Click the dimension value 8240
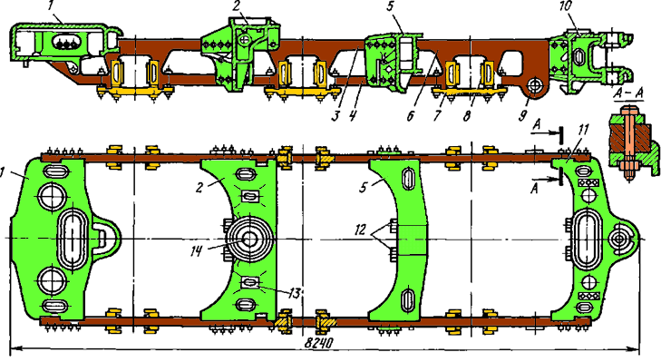pyautogui.click(x=318, y=343)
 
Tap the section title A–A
pyautogui.click(x=627, y=95)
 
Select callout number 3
pyautogui.click(x=335, y=115)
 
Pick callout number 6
pyautogui.click(x=411, y=115)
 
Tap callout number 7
pyautogui.click(x=437, y=115)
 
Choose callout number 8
pyautogui.click(x=467, y=116)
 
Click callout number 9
pyautogui.click(x=523, y=115)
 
